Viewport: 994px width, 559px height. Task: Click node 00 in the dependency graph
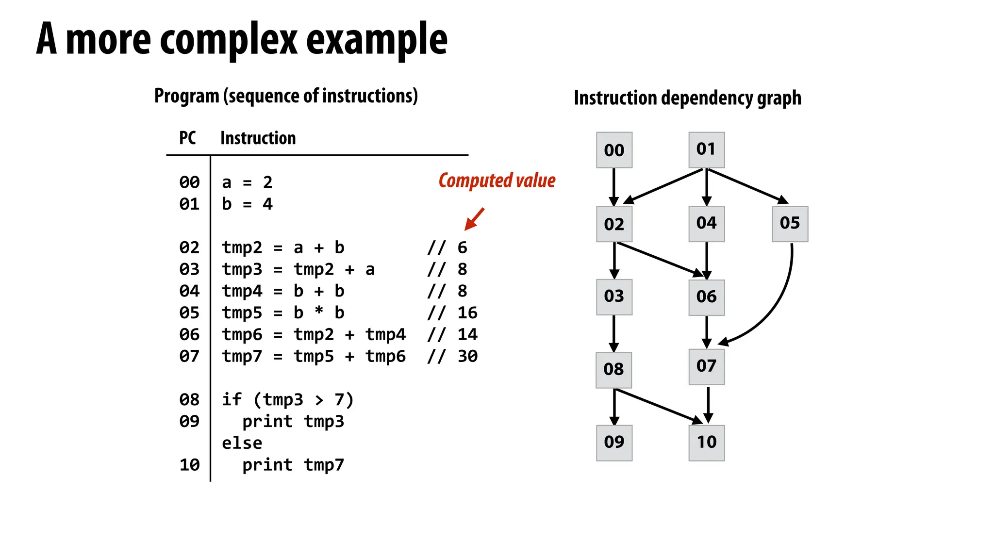614,150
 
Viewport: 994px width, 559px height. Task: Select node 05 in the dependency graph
790,224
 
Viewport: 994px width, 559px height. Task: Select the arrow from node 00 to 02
614,187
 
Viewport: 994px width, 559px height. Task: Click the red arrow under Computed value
474,219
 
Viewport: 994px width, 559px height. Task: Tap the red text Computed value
497,181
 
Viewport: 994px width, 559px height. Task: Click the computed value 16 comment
467,313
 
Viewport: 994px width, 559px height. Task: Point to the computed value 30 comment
467,357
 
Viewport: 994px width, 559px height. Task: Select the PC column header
187,138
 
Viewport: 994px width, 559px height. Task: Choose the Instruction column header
258,138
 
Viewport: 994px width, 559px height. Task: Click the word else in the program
242,443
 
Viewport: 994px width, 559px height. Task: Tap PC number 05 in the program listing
189,313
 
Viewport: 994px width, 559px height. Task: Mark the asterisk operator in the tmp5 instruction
318,312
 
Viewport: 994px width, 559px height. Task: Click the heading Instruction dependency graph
687,98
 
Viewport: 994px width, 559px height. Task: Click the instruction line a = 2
247,182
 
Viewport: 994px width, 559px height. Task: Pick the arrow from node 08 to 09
614,407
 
